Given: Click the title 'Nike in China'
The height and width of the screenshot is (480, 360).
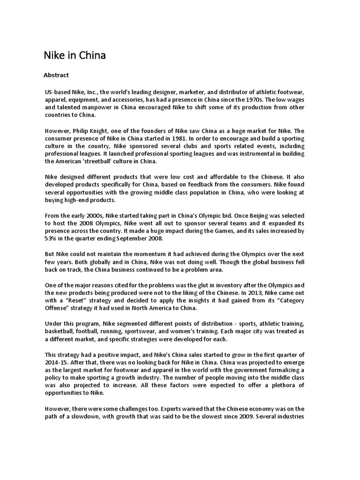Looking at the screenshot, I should [75, 56].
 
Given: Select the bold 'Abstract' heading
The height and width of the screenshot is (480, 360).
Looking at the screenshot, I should [56, 75].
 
